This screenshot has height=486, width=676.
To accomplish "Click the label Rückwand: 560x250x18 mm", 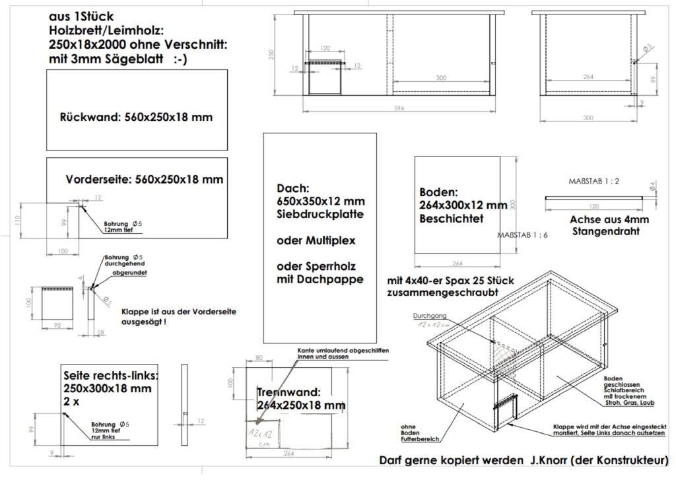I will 136,118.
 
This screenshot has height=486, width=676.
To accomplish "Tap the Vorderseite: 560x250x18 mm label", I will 145,180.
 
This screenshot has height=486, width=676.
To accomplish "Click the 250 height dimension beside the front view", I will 271,55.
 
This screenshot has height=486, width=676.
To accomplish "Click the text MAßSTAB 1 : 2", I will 593,180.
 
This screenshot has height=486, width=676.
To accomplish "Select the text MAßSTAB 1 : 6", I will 523,234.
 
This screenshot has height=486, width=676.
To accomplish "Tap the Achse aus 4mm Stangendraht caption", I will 611,226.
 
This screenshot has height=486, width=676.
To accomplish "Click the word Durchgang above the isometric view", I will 430,316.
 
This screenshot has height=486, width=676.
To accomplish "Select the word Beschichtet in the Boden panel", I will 451,219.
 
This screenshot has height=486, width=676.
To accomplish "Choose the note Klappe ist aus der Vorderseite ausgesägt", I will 179,317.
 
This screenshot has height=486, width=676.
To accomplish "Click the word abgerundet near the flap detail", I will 129,272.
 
